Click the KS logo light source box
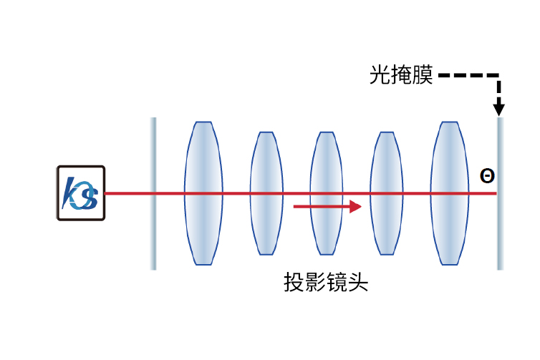(81, 193)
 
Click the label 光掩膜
(401, 74)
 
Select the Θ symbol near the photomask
(487, 175)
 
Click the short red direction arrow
(327, 207)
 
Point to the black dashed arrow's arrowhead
(499, 109)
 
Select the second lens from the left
(266, 193)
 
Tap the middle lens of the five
(327, 193)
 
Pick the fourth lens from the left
(387, 193)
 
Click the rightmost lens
(449, 193)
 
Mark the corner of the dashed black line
(499, 75)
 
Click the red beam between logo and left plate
(129, 193)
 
